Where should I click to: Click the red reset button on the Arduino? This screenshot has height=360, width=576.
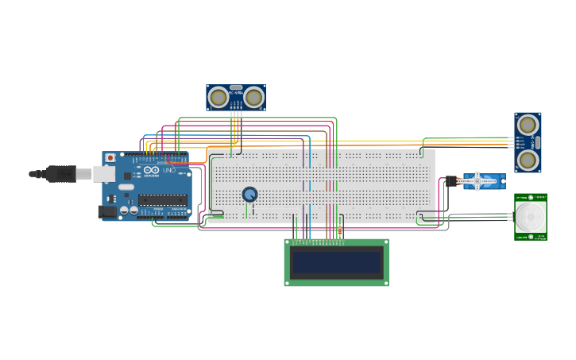110,158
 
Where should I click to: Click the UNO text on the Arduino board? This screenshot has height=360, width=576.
168,171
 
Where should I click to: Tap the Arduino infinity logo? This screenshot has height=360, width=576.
150,171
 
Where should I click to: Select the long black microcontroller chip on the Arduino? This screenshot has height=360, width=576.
163,199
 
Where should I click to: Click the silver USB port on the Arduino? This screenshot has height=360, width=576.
104,173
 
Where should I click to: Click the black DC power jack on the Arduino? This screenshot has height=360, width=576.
106,211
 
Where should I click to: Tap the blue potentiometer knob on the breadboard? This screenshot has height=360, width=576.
249,194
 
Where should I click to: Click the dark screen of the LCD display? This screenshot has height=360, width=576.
337,262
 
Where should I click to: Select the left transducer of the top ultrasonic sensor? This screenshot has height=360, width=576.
218,97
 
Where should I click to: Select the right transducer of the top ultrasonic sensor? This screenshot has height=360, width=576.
253,97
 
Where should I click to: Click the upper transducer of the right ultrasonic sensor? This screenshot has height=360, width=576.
527,125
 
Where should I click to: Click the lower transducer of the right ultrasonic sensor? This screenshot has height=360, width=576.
527,161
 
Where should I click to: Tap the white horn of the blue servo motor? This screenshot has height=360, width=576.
479,181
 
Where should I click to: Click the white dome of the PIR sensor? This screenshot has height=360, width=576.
530,215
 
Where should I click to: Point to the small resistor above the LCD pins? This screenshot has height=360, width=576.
340,230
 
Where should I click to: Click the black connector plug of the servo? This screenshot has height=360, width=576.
451,181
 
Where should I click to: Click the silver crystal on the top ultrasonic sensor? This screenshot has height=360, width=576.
236,87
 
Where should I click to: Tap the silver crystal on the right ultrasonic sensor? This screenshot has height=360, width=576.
537,143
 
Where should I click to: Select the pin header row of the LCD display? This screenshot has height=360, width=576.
323,242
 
